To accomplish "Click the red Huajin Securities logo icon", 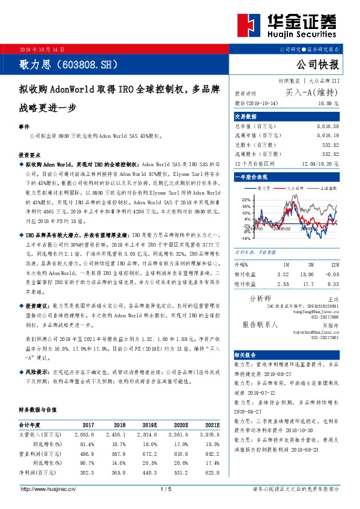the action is coord(248,25).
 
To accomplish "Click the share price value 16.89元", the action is coord(329,104).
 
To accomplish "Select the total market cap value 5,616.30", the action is coord(328,126).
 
